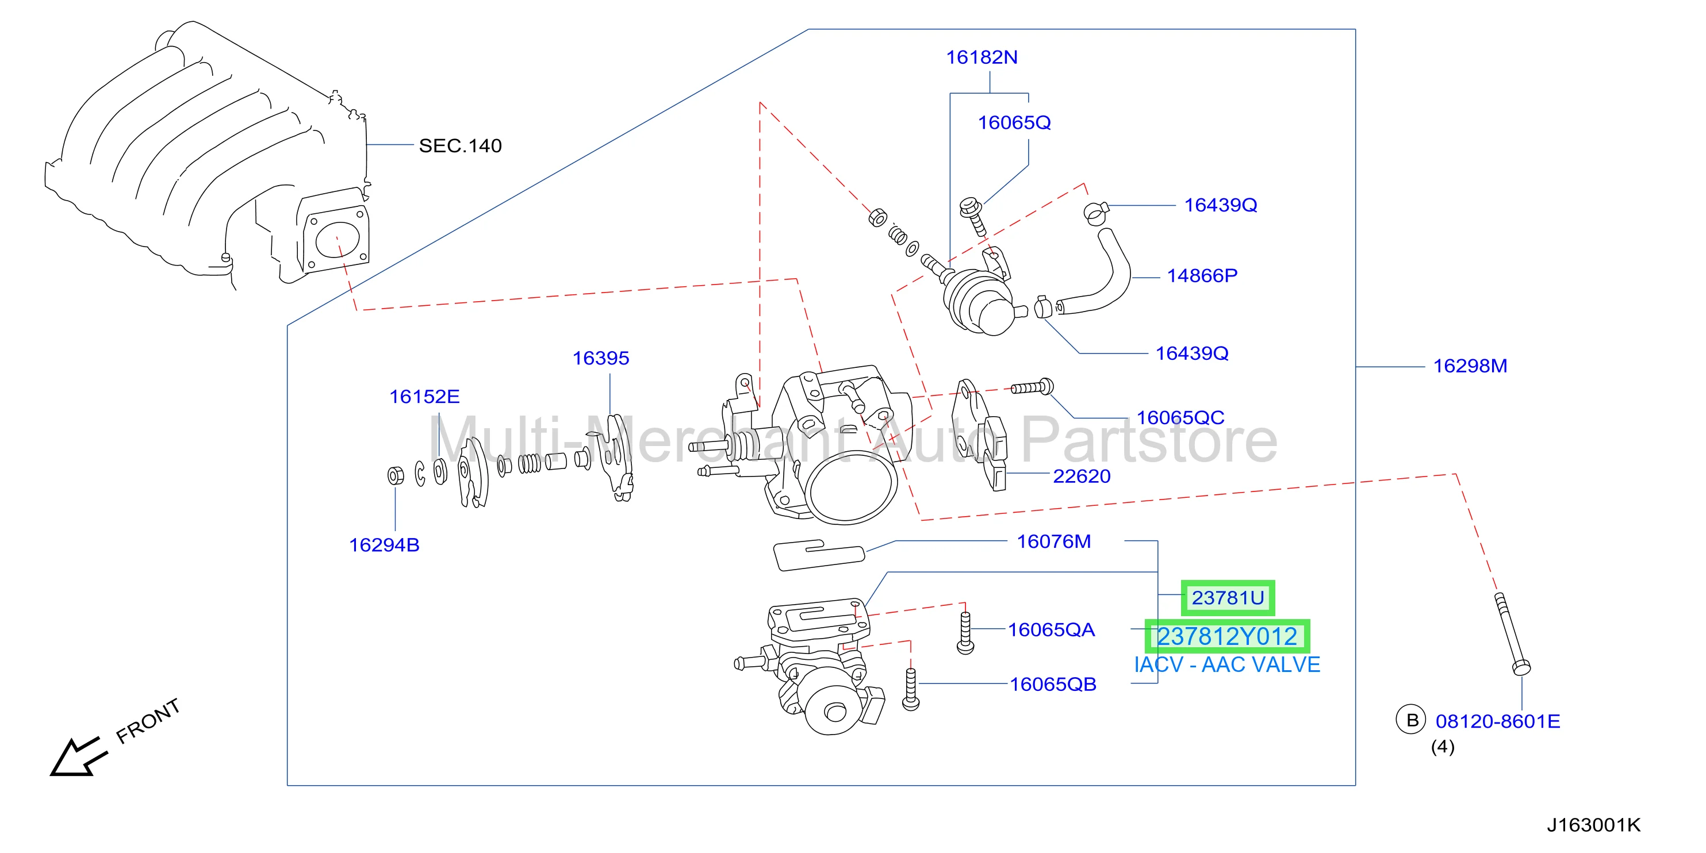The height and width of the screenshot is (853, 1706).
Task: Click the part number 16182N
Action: point(982,57)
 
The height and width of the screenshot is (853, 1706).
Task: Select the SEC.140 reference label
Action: point(460,145)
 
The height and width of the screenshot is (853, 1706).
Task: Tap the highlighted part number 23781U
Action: point(1228,598)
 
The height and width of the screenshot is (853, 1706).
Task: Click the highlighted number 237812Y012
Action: point(1227,636)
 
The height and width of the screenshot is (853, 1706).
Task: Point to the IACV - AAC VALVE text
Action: point(1227,665)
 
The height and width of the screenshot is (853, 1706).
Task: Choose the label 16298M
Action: point(1470,366)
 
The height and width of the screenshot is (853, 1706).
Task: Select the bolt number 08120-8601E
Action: point(1498,721)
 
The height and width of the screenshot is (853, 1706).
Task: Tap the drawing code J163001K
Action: point(1594,825)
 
